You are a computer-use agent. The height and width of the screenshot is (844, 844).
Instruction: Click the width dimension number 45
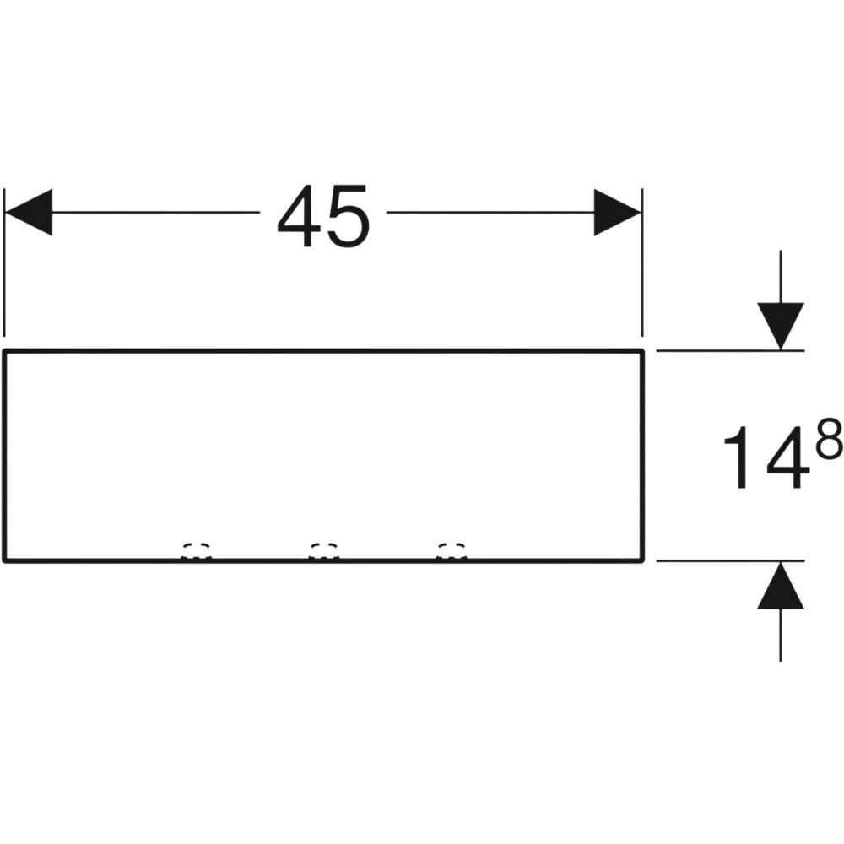(x=323, y=216)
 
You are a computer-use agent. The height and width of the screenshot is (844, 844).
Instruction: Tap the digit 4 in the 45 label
(x=300, y=216)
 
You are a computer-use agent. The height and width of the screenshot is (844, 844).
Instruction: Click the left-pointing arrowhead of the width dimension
(x=29, y=212)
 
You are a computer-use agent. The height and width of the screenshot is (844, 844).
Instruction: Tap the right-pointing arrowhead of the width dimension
(x=618, y=212)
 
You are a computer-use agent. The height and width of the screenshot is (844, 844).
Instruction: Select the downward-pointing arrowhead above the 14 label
(x=781, y=326)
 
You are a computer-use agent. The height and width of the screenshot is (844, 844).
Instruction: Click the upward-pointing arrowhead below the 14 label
(x=781, y=585)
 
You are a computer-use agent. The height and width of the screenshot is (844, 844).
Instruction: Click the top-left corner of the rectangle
(x=4, y=351)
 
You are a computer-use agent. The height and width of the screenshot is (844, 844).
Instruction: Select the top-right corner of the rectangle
(x=642, y=351)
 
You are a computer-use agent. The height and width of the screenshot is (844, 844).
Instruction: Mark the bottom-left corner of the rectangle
(x=4, y=561)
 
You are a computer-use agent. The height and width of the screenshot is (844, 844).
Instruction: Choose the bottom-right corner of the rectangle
(x=642, y=561)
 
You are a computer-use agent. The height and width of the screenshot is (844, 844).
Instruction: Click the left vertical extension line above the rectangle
(x=4, y=262)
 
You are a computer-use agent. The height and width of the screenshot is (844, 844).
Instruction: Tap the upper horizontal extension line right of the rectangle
(x=730, y=351)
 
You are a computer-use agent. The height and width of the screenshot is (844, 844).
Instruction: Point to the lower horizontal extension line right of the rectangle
(x=730, y=561)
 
